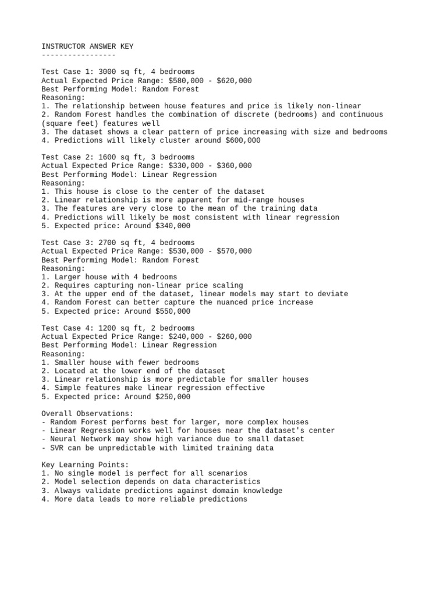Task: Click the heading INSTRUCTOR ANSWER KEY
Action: point(87,46)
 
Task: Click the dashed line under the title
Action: point(79,55)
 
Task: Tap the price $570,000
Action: point(234,251)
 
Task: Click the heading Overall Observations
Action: point(87,414)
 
